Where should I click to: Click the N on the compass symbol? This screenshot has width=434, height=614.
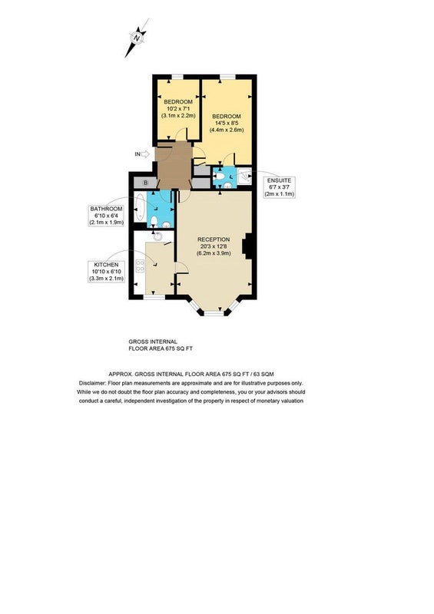[137, 38]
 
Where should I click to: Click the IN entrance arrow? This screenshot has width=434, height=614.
[145, 154]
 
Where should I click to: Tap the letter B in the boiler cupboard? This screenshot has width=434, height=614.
[145, 183]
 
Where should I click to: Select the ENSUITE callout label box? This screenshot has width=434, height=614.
[279, 187]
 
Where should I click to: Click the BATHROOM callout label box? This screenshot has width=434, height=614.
[106, 216]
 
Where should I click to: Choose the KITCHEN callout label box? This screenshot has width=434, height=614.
[106, 272]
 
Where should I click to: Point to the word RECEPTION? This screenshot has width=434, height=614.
[214, 239]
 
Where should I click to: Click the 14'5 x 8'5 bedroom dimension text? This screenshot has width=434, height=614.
[226, 123]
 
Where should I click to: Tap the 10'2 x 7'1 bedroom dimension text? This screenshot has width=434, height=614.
[178, 109]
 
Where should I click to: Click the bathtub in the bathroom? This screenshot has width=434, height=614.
[140, 206]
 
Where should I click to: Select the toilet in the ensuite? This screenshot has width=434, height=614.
[219, 177]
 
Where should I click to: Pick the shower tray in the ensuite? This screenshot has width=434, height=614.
[244, 177]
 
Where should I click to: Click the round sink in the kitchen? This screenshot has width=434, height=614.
[157, 236]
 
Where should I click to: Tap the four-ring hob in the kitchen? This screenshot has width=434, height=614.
[140, 266]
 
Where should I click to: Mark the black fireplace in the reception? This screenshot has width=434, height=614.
[247, 246]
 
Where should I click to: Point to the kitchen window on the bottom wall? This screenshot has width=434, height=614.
[154, 297]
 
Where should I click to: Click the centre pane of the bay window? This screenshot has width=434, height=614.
[214, 313]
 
